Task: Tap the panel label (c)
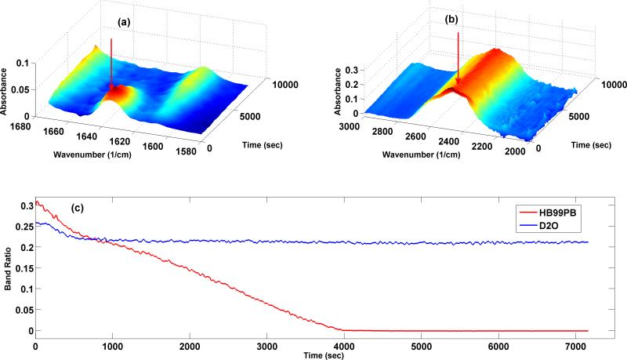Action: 77,209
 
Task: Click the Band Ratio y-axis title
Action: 8,267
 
